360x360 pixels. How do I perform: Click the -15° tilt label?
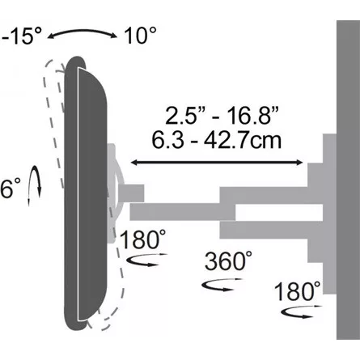tap(21, 36)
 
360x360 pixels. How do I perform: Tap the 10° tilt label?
tap(140, 36)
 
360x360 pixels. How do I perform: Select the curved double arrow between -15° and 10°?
tap(83, 32)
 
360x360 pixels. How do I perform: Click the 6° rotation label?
tap(11, 188)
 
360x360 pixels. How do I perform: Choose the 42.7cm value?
tap(243, 140)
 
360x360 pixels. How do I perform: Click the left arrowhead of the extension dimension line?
tap(133, 163)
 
